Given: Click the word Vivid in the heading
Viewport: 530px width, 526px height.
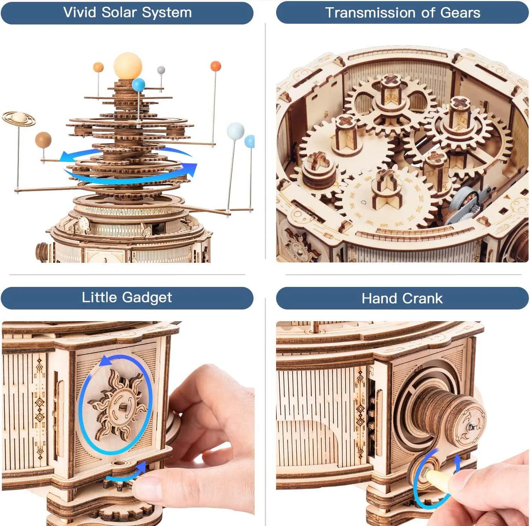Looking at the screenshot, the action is click(80, 12).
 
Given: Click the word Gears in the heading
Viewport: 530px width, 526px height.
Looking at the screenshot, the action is click(460, 13).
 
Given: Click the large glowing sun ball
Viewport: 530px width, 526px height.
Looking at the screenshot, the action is click(128, 66).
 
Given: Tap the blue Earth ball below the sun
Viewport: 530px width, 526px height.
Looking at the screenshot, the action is click(138, 85).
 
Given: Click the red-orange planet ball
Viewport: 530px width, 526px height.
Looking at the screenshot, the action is click(215, 66).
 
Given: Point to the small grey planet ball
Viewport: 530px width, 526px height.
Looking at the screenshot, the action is click(161, 70).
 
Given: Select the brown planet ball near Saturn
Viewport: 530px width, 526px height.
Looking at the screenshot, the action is click(43, 140).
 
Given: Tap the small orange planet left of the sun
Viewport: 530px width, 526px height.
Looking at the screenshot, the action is click(98, 67).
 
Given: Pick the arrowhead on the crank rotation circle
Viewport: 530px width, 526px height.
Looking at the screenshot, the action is click(457, 460).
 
